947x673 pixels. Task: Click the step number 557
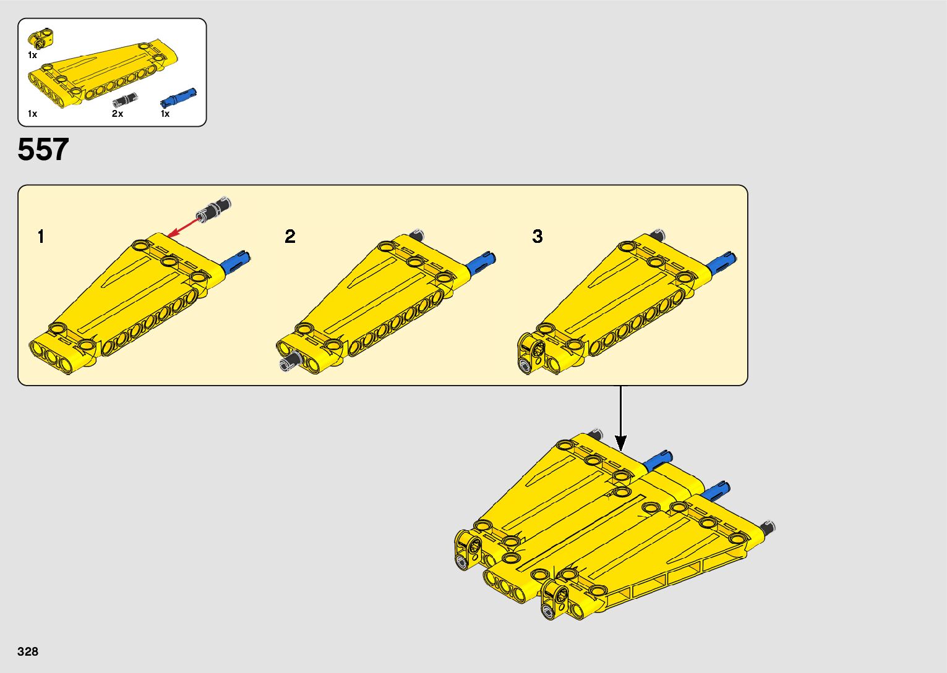pos(43,149)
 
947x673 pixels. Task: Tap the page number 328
pos(28,651)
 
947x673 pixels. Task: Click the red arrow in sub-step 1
pos(182,229)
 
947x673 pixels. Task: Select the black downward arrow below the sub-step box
pos(620,418)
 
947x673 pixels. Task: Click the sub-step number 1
pos(41,237)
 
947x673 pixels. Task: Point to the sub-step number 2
pos(290,237)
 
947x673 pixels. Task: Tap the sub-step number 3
pos(538,237)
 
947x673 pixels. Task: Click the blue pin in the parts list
pos(178,98)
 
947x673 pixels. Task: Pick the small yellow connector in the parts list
pos(40,38)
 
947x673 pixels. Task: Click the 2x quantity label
pos(118,114)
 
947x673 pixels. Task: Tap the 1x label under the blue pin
pos(165,114)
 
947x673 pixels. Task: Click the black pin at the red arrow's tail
pos(215,209)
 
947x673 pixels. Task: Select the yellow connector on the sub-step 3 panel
pos(531,353)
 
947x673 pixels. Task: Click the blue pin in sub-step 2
pos(481,263)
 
